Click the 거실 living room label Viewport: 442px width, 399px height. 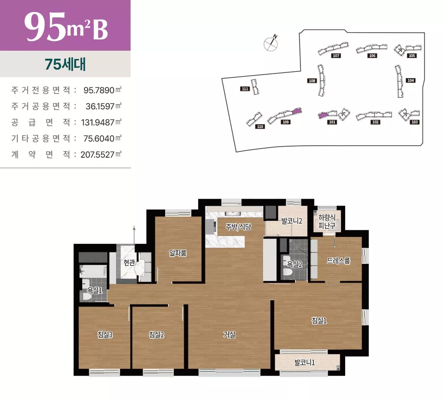click(x=229, y=334)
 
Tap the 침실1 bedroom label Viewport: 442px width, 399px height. click(x=319, y=320)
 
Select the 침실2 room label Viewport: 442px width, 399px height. click(x=156, y=334)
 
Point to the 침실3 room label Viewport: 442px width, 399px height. click(x=104, y=334)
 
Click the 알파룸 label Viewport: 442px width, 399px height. click(x=178, y=253)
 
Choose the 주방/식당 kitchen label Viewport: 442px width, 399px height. click(x=238, y=227)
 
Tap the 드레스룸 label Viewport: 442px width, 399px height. click(x=339, y=261)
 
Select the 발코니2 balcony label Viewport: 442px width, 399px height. click(x=292, y=220)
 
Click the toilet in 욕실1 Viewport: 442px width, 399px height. click(x=87, y=296)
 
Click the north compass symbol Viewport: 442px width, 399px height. click(x=271, y=43)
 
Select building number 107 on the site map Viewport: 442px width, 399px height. click(x=336, y=56)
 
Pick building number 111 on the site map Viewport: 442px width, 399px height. click(x=245, y=89)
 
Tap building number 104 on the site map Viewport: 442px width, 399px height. click(x=410, y=80)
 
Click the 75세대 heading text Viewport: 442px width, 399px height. click(x=65, y=64)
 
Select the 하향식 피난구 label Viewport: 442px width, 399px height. click(x=326, y=221)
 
